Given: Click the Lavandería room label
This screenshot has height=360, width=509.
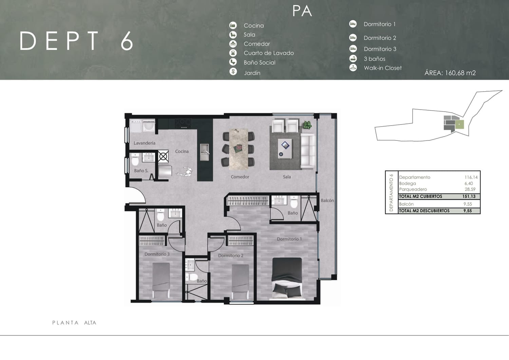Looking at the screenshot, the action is click(144, 143).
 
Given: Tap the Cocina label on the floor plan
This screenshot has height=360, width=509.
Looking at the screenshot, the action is click(182, 151).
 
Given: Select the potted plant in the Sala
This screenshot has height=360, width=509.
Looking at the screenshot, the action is click(307, 125).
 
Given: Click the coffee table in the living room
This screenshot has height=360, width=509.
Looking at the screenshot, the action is click(285, 149).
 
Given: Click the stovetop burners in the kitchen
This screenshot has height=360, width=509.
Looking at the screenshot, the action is click(183, 124).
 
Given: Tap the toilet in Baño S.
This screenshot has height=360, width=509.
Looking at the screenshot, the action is click(135, 159).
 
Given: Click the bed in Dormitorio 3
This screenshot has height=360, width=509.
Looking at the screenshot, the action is click(161, 280).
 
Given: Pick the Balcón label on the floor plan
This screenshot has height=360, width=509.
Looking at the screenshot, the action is click(327, 201).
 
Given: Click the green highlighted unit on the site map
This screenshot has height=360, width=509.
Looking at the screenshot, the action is click(459, 125).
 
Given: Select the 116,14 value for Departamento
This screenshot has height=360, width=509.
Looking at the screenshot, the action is click(471, 177).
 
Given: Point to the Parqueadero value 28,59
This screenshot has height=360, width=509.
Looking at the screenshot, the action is click(470, 189).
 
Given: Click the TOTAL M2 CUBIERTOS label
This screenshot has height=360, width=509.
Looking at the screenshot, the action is click(421, 196).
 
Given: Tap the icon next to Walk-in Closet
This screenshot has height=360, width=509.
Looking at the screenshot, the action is click(353, 68).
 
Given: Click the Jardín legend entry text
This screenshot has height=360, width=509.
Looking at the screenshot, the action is click(252, 73).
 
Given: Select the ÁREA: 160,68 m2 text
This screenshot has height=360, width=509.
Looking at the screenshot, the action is click(450, 73).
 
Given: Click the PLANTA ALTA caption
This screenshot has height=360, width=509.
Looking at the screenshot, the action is click(74, 323).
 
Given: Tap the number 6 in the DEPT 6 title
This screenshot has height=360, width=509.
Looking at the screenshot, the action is click(127, 41).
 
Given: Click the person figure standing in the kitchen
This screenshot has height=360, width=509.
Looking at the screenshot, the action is click(185, 172).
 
